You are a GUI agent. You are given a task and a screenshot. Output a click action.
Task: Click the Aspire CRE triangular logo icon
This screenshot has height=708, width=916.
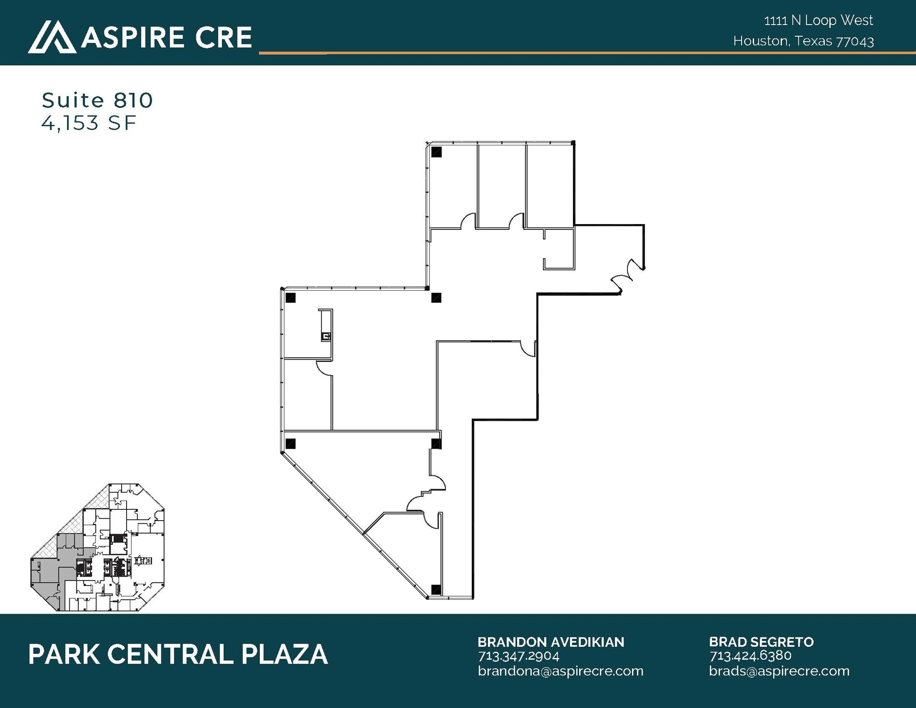pyautogui.click(x=52, y=37)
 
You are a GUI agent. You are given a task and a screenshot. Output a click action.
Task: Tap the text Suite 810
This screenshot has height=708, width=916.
pyautogui.click(x=97, y=100)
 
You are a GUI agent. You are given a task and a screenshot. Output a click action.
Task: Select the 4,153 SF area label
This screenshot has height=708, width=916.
pyautogui.click(x=89, y=123)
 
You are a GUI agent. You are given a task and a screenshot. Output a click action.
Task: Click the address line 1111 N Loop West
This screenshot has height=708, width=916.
pyautogui.click(x=818, y=21)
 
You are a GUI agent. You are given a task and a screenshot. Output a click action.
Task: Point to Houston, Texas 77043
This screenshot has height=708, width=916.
pyautogui.click(x=803, y=41)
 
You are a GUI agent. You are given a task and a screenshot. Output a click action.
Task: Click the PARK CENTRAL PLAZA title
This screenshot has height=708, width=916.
pyautogui.click(x=178, y=654)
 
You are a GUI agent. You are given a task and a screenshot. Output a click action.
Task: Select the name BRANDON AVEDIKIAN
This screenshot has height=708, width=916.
pyautogui.click(x=551, y=642)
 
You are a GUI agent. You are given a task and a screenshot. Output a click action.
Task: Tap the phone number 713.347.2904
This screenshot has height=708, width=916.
pyautogui.click(x=518, y=656)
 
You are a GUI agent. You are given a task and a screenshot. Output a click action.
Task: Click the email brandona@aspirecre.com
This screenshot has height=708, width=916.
pyautogui.click(x=560, y=671)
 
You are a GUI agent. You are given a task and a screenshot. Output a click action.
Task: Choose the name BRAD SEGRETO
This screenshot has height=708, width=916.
pyautogui.click(x=761, y=642)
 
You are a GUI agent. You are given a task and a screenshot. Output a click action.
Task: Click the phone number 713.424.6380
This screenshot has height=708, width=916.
pyautogui.click(x=750, y=656)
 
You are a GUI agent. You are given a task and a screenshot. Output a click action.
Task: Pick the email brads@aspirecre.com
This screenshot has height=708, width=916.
pyautogui.click(x=779, y=671)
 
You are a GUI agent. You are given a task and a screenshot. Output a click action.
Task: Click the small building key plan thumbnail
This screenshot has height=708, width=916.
pyautogui.click(x=98, y=547)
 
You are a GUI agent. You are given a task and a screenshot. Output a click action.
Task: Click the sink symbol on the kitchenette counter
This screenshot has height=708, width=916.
pyautogui.click(x=326, y=336)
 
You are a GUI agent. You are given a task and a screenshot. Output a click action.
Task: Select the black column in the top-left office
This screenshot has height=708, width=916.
pyautogui.click(x=437, y=152)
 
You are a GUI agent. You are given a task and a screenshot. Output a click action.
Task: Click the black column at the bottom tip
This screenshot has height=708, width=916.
pyautogui.click(x=436, y=589)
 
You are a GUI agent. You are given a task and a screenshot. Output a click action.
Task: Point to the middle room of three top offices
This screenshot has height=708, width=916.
pyautogui.click(x=501, y=186)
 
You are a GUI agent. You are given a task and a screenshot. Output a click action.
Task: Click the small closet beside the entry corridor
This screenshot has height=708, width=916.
pyautogui.click(x=559, y=249)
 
